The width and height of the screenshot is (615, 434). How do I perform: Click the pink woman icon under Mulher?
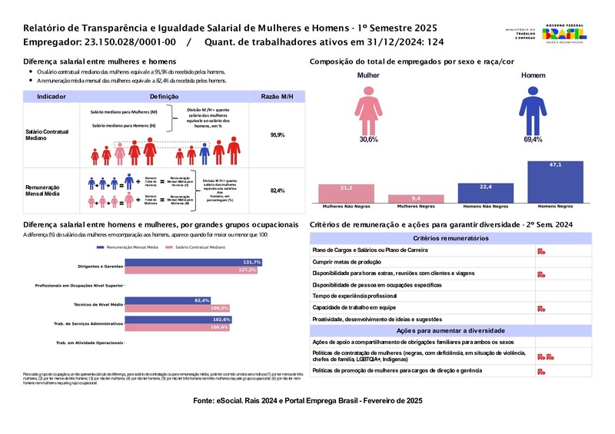[368, 109]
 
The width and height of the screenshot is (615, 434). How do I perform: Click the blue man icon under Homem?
[532, 109]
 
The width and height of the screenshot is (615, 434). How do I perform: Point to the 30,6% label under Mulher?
[369, 140]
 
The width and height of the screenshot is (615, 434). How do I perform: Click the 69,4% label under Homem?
[533, 140]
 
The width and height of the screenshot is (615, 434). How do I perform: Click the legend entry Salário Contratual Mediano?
[199, 247]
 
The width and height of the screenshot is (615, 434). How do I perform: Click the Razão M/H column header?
[278, 96]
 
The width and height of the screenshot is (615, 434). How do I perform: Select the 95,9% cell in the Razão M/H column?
[278, 135]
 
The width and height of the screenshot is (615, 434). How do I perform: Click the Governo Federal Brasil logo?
[565, 32]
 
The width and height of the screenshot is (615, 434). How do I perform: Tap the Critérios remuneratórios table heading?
[450, 239]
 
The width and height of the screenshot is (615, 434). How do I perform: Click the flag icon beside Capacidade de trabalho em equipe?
[541, 307]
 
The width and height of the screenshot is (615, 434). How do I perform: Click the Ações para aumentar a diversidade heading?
[450, 330]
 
